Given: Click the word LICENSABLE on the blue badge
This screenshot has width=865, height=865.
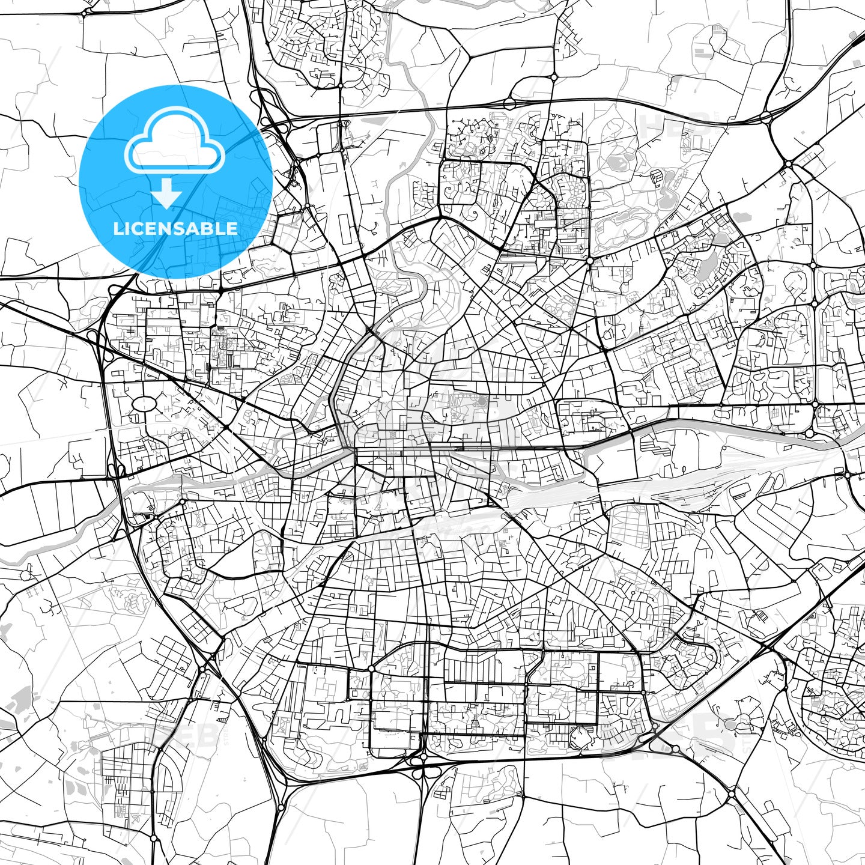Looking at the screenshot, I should tap(175, 229).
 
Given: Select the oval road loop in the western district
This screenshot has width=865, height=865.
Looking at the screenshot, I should tap(143, 404).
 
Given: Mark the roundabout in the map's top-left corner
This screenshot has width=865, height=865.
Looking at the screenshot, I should tap(86, 10).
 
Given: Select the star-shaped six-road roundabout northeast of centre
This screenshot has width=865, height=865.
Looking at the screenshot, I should tap(590, 261).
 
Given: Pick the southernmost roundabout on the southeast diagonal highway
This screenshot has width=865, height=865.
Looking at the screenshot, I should tap(732, 794).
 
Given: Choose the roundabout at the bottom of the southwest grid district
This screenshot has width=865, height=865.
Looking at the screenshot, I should tap(154, 837).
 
